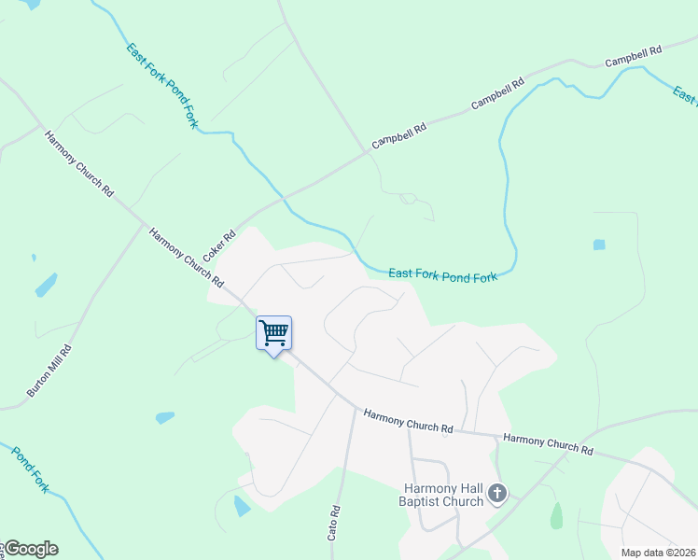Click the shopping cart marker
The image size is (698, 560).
tap(273, 333)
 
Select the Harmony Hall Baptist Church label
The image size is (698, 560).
tap(444, 495)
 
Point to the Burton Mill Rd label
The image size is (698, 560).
tap(49, 370)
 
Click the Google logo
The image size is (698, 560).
tap(31, 549)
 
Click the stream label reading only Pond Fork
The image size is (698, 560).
tap(30, 469)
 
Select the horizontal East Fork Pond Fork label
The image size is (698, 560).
tap(443, 274)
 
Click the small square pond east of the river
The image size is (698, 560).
tap(598, 245)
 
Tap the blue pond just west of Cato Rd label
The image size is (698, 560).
tap(242, 507)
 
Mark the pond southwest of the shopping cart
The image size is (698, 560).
tap(165, 417)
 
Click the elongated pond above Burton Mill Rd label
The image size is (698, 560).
tap(46, 285)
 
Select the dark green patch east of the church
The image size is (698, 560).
tap(557, 515)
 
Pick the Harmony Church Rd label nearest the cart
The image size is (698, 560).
tap(188, 256)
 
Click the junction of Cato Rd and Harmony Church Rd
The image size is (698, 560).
tap(355, 408)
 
